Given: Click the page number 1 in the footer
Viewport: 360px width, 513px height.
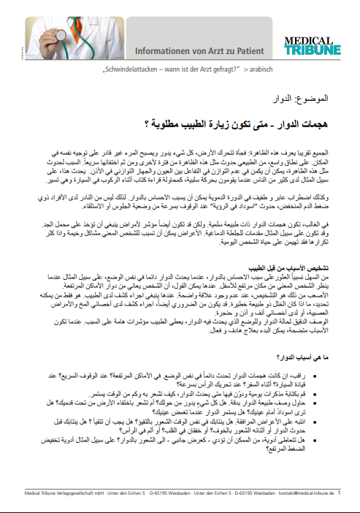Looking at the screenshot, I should (x=338, y=502).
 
